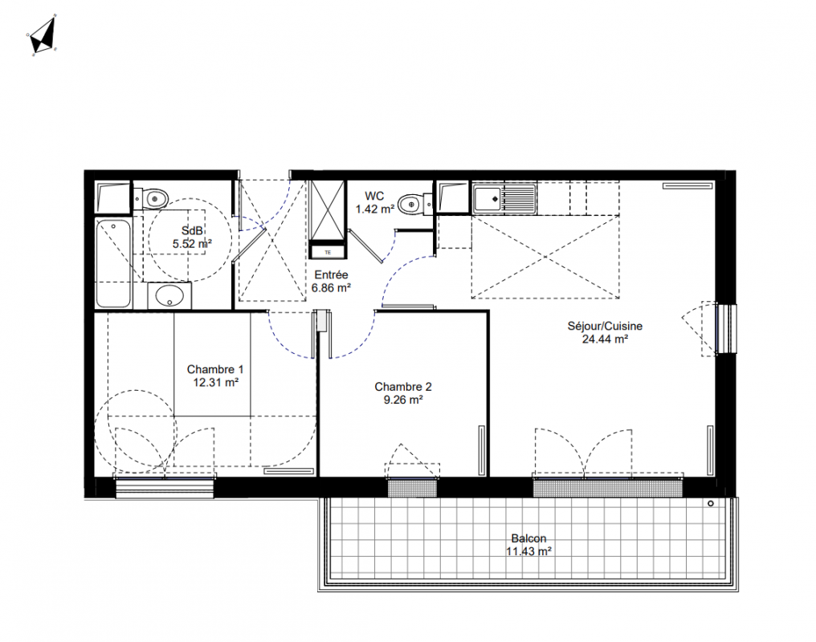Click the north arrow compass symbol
[43, 36]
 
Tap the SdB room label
[191, 231]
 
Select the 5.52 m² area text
[192, 243]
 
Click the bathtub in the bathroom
[113, 263]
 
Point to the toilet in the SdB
[152, 198]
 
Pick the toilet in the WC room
[414, 203]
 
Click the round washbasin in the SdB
[169, 296]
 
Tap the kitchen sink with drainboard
[504, 198]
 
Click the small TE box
[328, 252]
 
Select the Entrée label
[332, 275]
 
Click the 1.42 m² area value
[375, 209]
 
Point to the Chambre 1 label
[215, 370]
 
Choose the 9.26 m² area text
[403, 400]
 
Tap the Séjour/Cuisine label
[605, 326]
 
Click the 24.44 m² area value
[605, 339]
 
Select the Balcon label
[528, 538]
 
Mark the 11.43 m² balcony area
[528, 551]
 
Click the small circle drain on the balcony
[710, 504]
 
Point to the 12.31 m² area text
[215, 383]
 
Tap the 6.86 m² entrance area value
[331, 287]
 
